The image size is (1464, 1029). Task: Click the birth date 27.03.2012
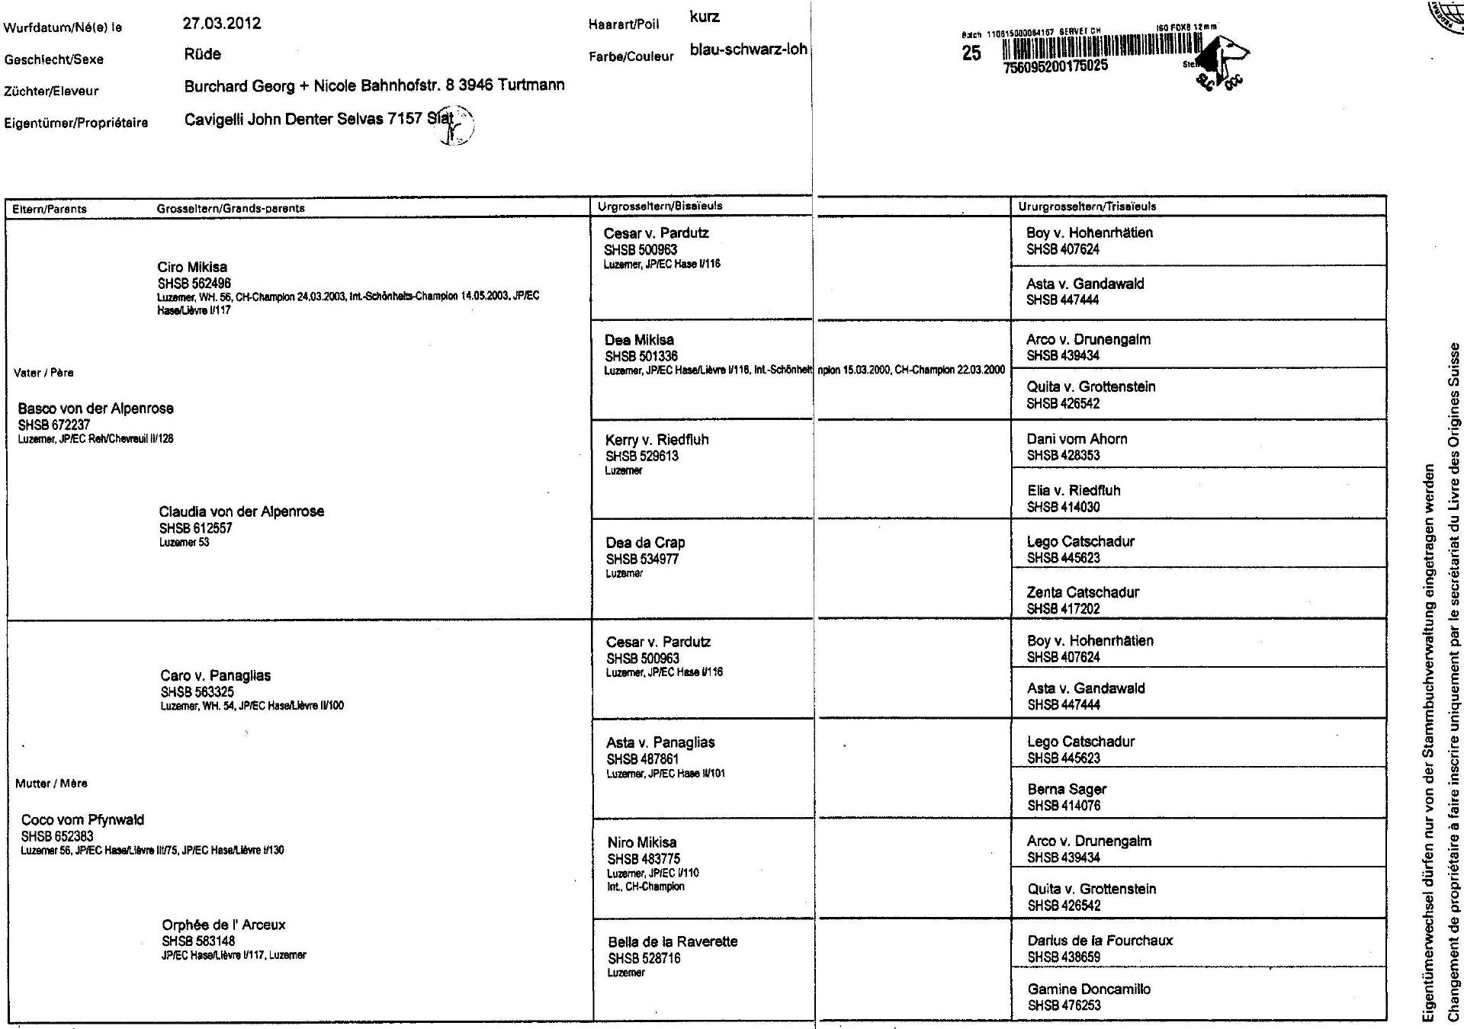(222, 24)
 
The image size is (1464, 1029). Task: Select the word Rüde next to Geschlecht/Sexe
(203, 54)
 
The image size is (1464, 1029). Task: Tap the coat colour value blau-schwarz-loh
(748, 50)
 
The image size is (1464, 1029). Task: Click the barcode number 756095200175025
(1056, 66)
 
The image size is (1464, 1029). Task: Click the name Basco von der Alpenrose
(95, 409)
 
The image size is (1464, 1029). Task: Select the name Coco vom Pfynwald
(82, 820)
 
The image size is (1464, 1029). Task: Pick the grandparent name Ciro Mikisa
(192, 268)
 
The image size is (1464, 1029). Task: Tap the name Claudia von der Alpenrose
(241, 511)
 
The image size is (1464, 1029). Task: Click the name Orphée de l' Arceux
(223, 925)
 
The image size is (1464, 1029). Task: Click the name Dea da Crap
(645, 543)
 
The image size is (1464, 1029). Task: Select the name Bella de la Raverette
(673, 942)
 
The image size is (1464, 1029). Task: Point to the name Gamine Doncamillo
(1089, 989)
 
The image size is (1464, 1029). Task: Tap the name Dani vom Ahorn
(1077, 439)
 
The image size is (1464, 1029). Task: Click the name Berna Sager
(1067, 790)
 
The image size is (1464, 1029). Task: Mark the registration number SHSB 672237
(54, 425)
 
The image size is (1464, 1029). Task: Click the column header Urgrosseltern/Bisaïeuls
(660, 207)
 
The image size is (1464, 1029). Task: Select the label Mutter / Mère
(51, 784)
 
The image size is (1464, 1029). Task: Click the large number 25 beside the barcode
(971, 53)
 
